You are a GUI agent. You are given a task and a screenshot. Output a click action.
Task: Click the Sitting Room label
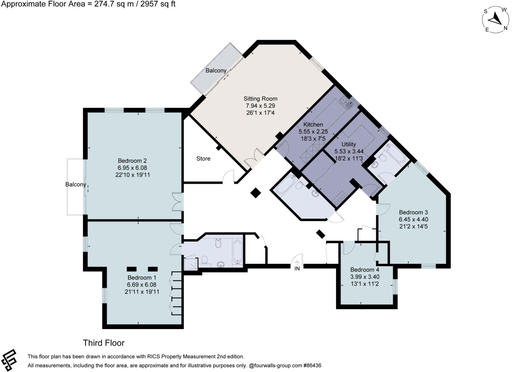260,99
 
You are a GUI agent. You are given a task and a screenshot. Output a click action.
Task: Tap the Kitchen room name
313,124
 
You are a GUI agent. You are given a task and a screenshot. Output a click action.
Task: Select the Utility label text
349,144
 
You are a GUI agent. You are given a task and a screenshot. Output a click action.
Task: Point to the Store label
203,158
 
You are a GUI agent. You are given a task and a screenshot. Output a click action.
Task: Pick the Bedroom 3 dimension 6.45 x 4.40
414,219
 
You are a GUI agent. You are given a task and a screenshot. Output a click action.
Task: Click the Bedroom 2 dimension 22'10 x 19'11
133,175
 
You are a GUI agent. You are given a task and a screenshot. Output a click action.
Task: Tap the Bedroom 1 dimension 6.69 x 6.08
142,285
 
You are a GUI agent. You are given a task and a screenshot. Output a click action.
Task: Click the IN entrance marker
297,268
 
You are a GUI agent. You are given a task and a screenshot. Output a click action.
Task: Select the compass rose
495,20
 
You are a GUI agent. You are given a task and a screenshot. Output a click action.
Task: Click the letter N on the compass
505,28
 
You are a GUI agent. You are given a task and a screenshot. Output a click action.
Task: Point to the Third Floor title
104,343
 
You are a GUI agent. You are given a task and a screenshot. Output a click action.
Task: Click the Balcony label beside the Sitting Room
216,71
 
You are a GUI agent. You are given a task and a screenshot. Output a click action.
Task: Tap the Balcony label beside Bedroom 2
76,184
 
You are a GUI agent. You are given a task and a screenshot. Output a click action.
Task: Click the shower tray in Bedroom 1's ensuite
190,264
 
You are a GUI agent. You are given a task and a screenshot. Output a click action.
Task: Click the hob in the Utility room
340,198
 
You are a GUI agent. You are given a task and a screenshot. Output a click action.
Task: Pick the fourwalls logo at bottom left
9,360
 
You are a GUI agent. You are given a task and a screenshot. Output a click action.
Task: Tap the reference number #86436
312,366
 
